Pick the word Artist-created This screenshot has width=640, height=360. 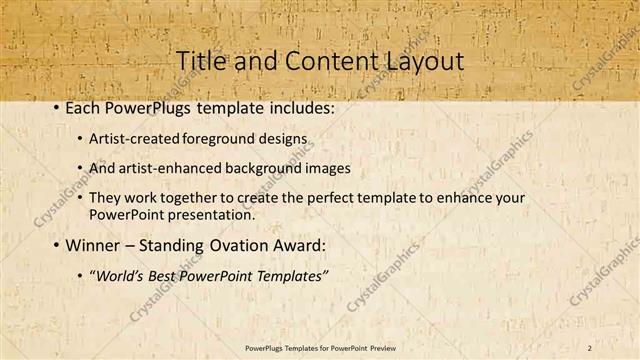click(132, 137)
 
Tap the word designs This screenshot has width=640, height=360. click(281, 137)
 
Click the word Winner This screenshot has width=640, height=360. click(92, 244)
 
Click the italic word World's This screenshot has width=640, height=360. click(117, 275)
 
